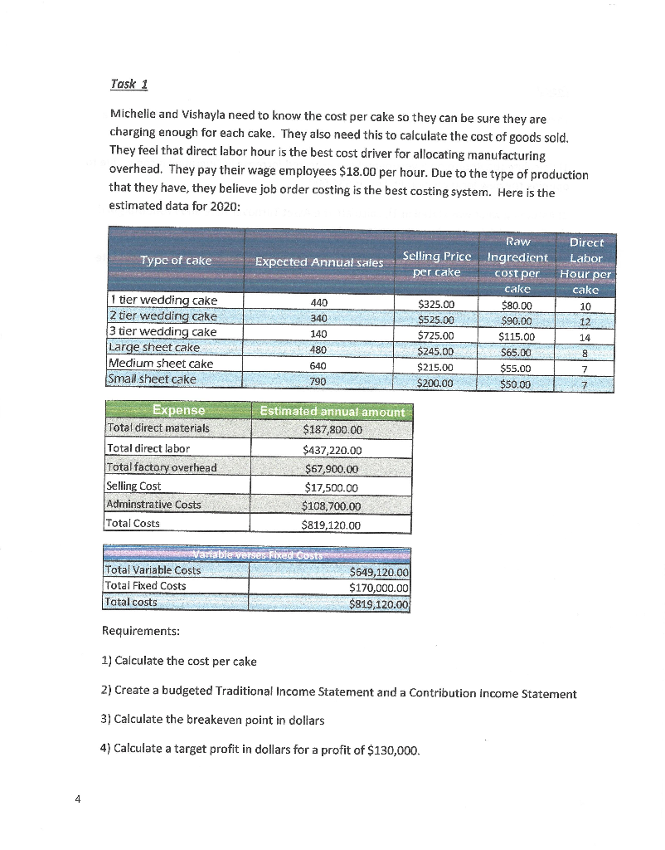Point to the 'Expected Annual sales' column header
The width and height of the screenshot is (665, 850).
(318, 261)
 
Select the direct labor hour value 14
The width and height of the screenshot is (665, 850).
(585, 338)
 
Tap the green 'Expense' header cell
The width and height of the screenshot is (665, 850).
(177, 410)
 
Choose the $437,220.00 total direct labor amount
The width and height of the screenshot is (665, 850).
(332, 450)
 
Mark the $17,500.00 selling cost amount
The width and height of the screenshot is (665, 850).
(331, 488)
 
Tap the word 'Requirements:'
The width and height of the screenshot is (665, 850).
(139, 631)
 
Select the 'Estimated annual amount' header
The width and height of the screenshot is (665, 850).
(332, 412)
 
